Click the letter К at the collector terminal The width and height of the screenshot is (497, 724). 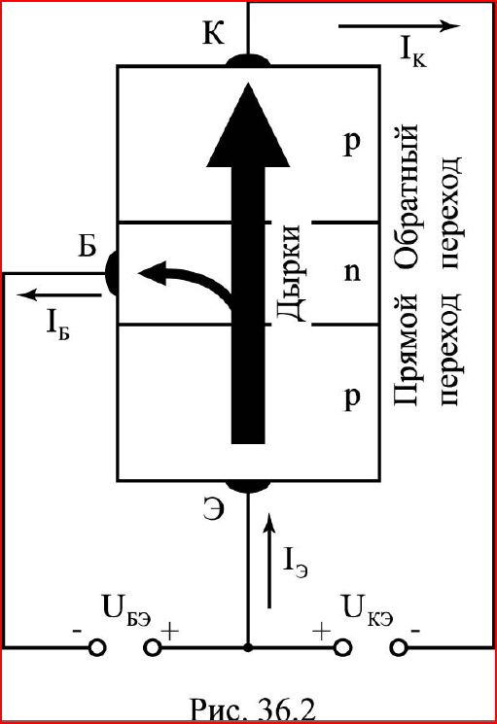[213, 33]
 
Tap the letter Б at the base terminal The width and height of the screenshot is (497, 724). [87, 246]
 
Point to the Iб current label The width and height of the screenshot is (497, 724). [57, 324]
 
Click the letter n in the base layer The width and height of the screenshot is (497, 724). [352, 272]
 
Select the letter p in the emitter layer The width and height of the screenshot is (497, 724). [352, 398]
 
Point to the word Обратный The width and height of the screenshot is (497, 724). [408, 195]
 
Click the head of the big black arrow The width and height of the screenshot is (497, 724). [249, 124]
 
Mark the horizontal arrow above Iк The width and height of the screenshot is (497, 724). [399, 26]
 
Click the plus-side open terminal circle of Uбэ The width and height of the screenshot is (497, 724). [152, 648]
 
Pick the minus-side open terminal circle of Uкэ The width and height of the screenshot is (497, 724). [398, 648]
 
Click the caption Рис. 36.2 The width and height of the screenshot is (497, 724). [253, 710]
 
